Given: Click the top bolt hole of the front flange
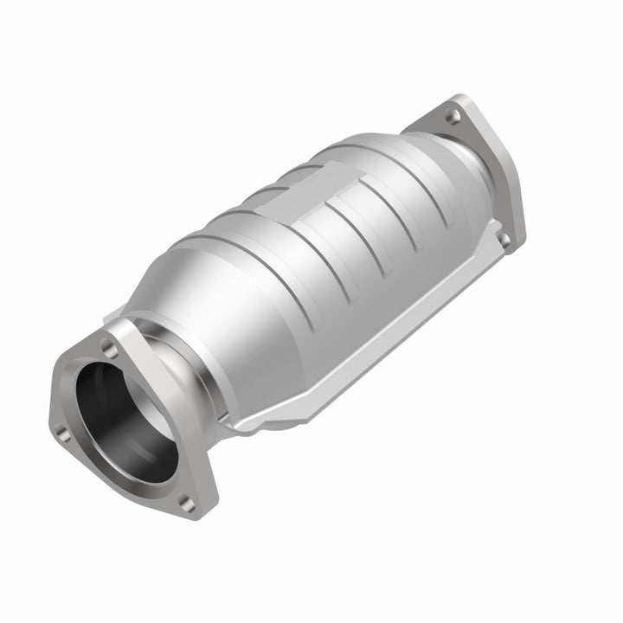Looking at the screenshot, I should pos(108,349).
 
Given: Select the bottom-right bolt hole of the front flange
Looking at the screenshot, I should pos(185,499).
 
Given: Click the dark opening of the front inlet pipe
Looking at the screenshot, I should pos(121,424).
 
